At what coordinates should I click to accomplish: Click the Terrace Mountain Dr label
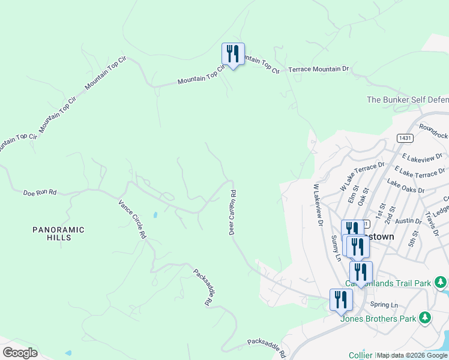click(318, 70)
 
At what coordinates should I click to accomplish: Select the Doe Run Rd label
click(40, 193)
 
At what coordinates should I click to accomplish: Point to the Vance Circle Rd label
click(132, 220)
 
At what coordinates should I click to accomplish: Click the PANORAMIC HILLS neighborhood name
click(59, 233)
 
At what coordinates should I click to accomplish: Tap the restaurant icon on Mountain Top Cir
click(232, 55)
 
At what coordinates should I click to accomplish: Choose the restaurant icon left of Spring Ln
click(341, 300)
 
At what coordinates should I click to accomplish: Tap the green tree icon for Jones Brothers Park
click(425, 316)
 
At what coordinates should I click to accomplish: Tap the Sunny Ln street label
click(336, 248)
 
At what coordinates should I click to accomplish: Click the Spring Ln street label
click(384, 305)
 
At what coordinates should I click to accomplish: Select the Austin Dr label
click(409, 221)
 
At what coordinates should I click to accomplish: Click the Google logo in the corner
click(20, 353)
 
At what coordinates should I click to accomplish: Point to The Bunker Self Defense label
click(407, 100)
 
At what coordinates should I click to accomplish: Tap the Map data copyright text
click(412, 355)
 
